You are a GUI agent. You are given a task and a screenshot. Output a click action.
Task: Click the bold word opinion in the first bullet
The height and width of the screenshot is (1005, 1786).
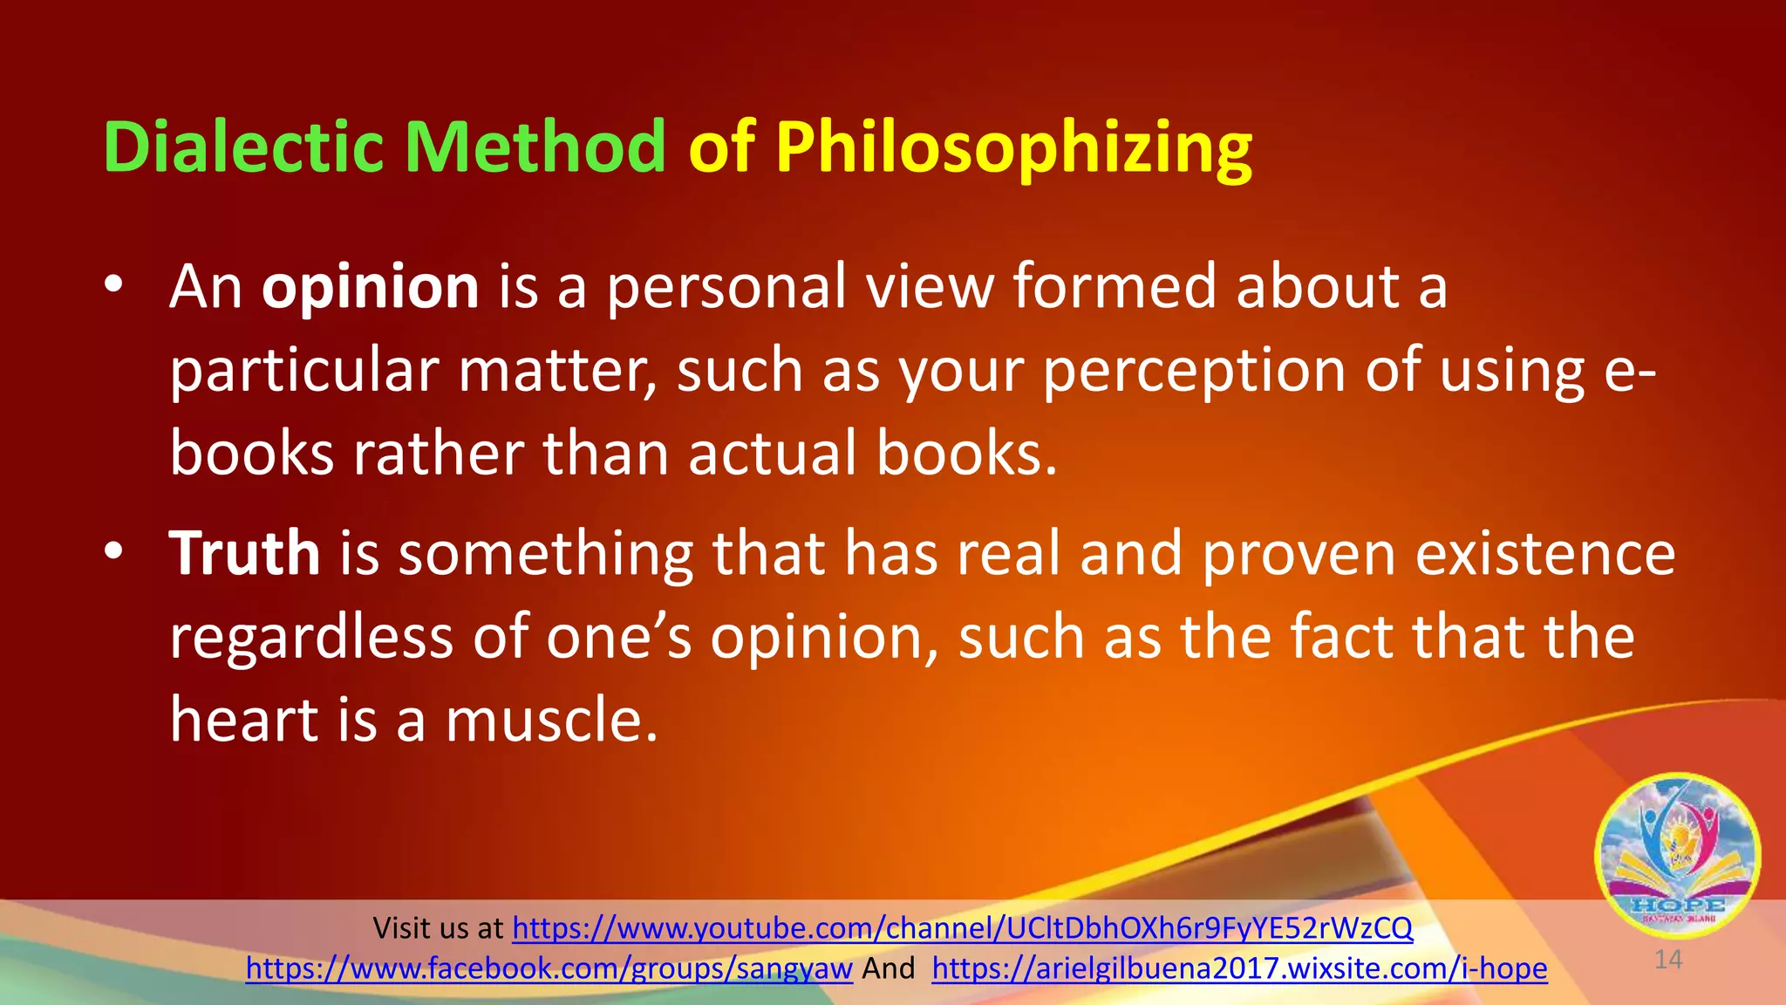[370, 288]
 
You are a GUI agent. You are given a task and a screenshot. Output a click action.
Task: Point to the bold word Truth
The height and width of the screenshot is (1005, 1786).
[244, 553]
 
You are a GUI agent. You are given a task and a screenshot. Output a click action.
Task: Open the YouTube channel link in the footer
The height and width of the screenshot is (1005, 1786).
[962, 928]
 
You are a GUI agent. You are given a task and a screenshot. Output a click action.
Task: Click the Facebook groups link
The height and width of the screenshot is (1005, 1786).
[549, 968]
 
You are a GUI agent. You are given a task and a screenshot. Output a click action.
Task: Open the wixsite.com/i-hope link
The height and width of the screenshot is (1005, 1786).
[1239, 968]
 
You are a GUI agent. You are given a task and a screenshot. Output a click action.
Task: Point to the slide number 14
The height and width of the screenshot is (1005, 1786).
[1667, 961]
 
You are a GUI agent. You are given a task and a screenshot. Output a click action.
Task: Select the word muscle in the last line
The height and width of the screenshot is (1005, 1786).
[551, 721]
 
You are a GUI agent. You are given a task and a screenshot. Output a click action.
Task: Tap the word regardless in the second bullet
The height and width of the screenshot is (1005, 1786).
[311, 637]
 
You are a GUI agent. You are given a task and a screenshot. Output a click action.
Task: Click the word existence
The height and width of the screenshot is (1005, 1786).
[1544, 553]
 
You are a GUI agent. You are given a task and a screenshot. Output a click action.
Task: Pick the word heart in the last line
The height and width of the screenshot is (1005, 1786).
[244, 721]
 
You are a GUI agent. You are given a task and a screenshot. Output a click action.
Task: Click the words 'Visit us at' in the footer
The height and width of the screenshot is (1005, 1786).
[438, 928]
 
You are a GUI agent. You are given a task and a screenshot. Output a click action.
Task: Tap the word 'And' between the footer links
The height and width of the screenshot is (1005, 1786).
[888, 968]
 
